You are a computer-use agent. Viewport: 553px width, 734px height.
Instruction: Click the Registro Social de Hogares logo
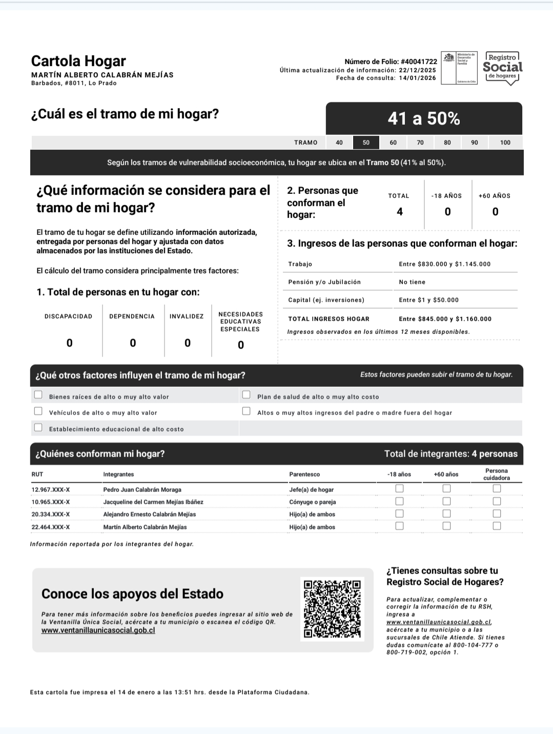tap(502, 68)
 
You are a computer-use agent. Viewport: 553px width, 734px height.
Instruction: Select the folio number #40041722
tap(419, 62)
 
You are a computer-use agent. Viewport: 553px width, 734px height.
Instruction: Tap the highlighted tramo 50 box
tap(366, 143)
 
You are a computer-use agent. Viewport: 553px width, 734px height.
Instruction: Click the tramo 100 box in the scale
tap(505, 143)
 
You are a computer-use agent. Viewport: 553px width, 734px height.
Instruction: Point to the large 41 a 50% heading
tap(424, 119)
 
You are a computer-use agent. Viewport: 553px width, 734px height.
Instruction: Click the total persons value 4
tap(400, 212)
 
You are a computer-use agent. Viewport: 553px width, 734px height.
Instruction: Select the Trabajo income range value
tap(444, 264)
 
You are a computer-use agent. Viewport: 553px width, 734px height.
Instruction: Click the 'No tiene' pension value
tap(412, 282)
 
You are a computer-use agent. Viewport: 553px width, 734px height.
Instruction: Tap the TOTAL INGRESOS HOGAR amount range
tap(445, 319)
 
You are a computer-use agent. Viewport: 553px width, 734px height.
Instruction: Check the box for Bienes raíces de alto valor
tap(38, 395)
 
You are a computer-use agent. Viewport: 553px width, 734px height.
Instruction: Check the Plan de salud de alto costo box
tap(247, 395)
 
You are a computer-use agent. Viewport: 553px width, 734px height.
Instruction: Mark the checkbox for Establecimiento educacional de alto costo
tap(38, 428)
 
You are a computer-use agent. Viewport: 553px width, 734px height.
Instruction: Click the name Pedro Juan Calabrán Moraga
tap(142, 490)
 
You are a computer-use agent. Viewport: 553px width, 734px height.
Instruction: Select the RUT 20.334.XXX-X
tap(51, 514)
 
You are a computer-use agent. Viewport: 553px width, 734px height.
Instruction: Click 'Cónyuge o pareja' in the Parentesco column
tap(313, 502)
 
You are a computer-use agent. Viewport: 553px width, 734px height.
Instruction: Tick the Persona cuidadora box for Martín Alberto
tap(497, 526)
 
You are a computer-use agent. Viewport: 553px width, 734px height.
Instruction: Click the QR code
tap(332, 609)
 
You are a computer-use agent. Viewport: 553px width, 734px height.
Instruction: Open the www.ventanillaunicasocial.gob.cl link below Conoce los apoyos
tap(98, 630)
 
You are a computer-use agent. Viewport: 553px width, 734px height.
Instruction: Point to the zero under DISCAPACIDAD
tap(70, 343)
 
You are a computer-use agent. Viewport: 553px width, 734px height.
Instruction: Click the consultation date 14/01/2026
tap(417, 78)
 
